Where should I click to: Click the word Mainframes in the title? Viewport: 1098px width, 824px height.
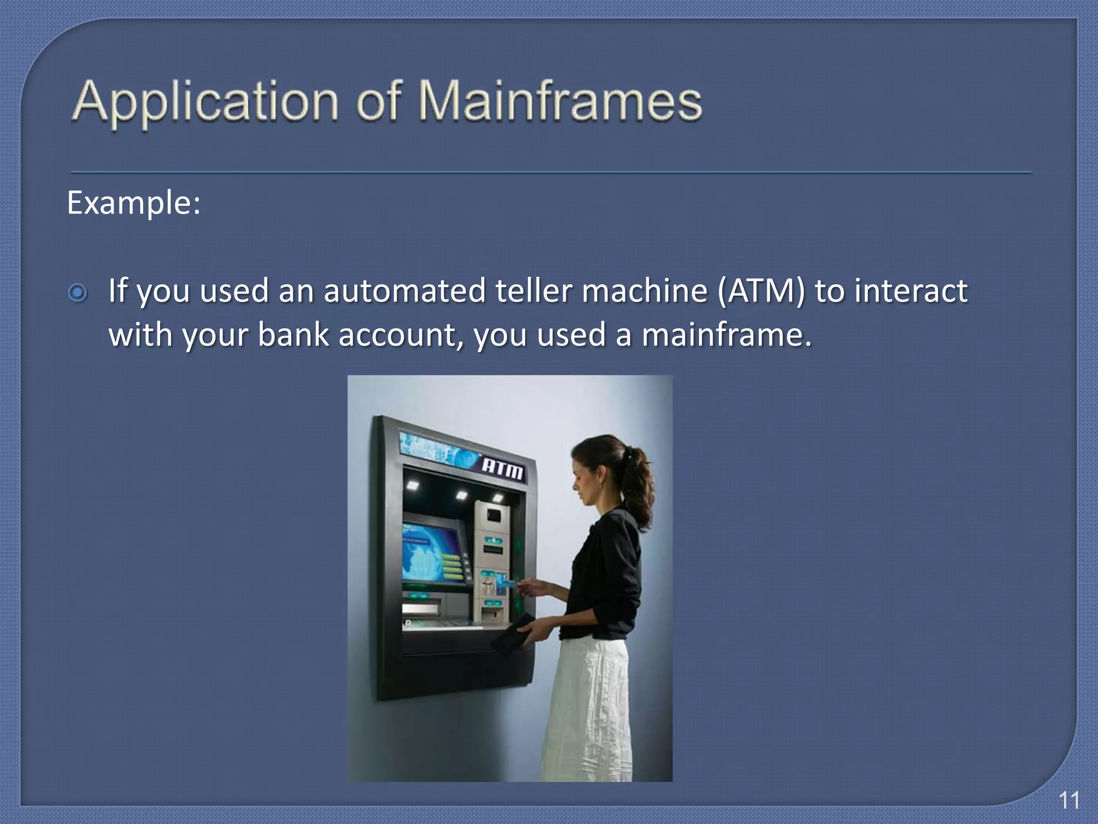coord(560,100)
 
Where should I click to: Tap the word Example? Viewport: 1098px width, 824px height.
coord(133,203)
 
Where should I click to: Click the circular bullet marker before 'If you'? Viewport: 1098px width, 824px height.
coord(78,293)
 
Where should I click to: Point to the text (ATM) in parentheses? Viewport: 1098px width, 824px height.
coord(761,291)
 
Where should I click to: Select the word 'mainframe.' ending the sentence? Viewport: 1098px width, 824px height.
coord(726,335)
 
